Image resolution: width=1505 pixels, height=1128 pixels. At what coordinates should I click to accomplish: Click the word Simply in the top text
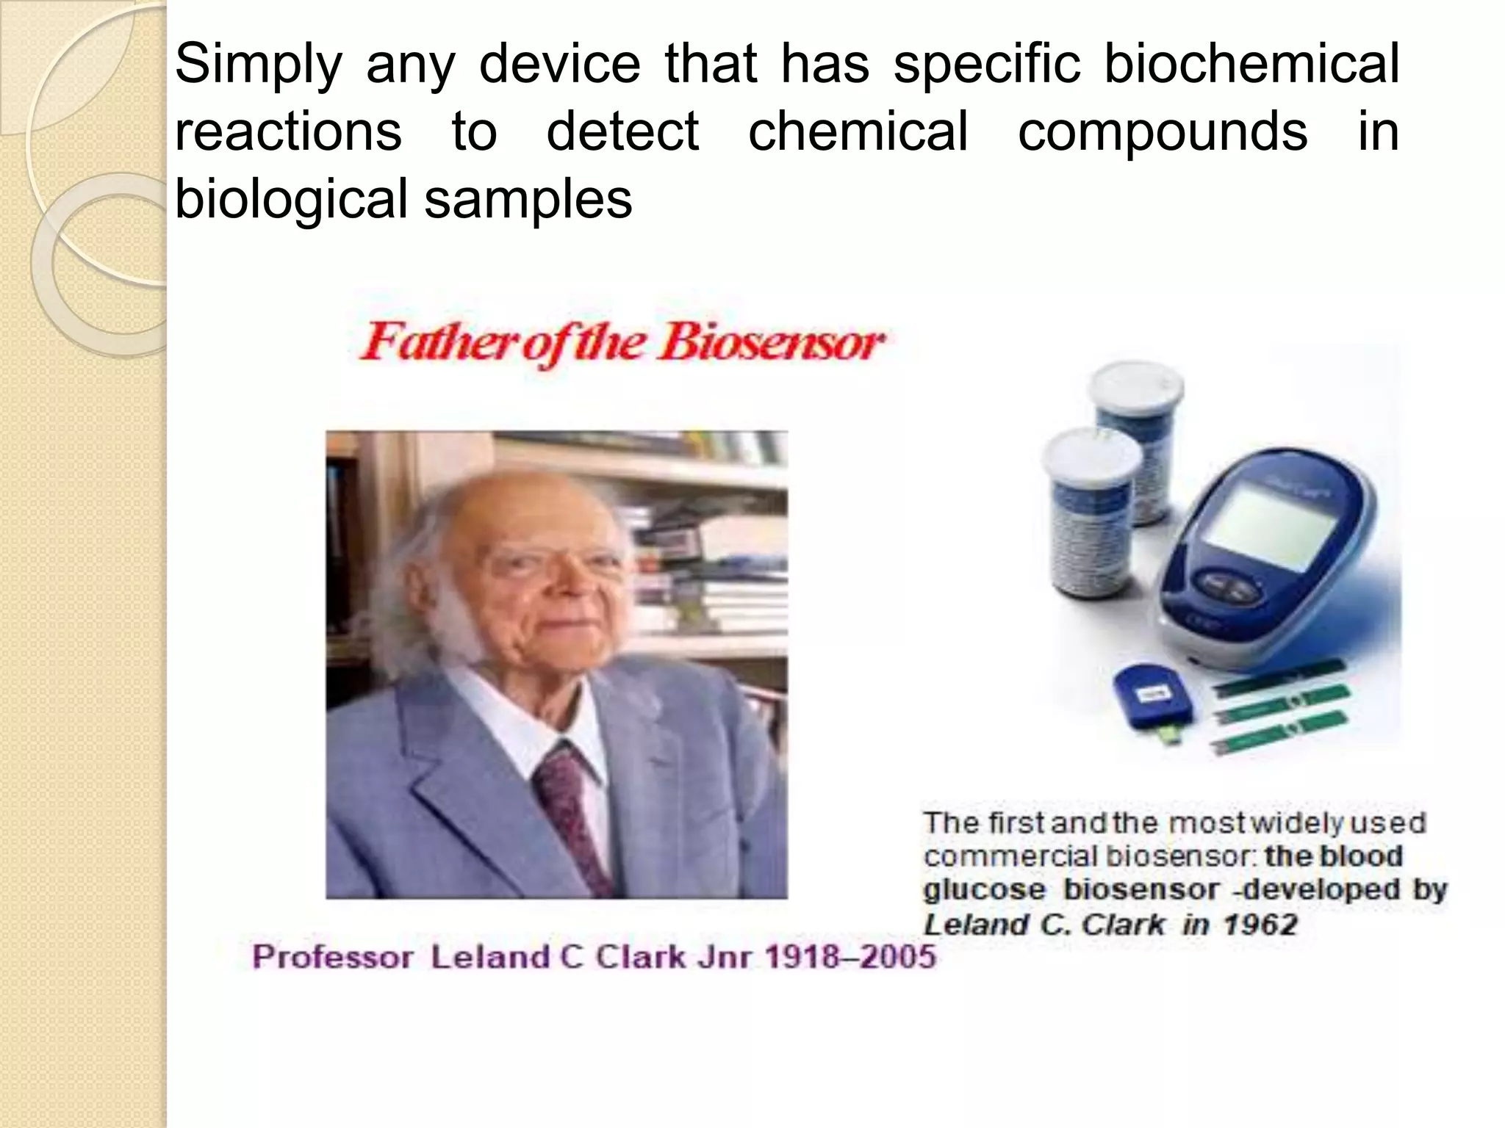coord(258,65)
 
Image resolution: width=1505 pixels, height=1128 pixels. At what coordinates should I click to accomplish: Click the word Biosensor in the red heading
coord(771,343)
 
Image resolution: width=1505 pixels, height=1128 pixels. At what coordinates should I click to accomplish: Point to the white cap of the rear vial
coord(1135,388)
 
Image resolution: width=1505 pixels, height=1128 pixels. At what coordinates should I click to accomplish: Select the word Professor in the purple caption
coord(332,957)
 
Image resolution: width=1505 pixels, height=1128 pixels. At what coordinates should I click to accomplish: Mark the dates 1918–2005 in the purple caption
coord(850,957)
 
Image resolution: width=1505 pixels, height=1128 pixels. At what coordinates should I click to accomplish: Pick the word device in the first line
coord(560,65)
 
